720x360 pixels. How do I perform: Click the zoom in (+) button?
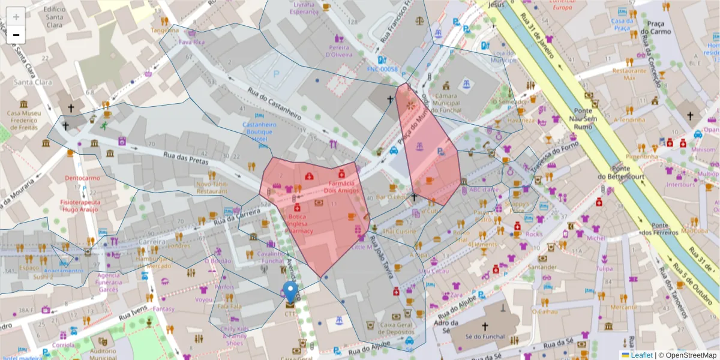coord(16,17)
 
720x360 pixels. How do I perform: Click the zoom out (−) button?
coord(16,34)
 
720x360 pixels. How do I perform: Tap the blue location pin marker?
coord(291,293)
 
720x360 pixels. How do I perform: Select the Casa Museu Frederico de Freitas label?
coord(22,120)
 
